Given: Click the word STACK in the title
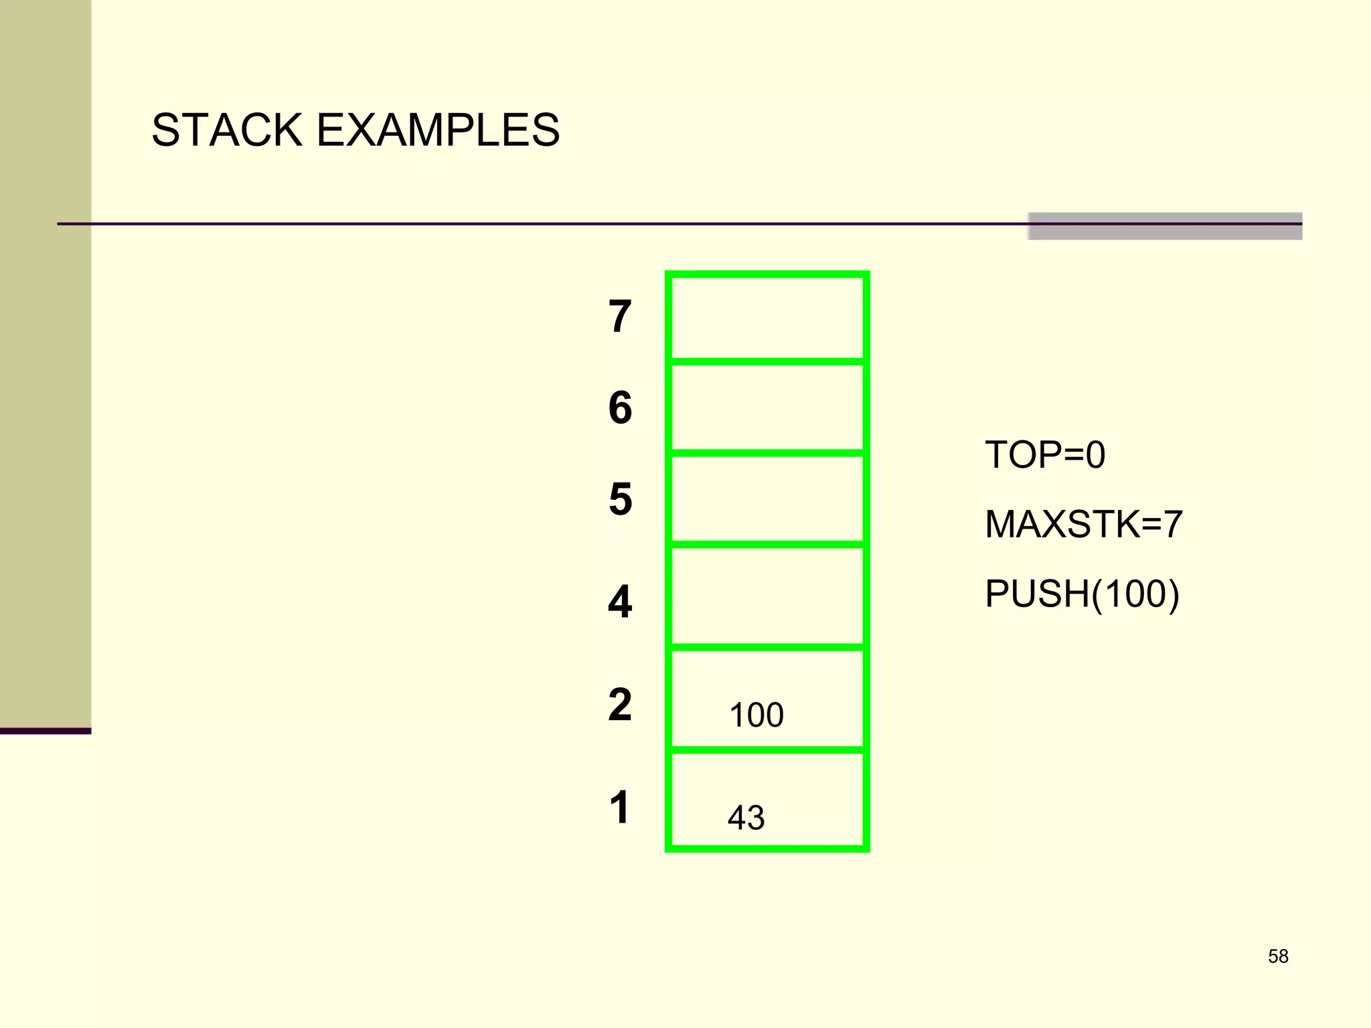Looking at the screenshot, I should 227,130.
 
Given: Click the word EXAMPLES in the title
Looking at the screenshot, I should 438,130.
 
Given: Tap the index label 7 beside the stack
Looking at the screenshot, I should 620,317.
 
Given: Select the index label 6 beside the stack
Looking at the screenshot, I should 620,408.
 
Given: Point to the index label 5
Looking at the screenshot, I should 620,499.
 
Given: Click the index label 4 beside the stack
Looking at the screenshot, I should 620,601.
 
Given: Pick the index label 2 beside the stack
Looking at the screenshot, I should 620,704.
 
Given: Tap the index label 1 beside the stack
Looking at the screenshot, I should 620,806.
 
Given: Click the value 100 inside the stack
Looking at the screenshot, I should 756,715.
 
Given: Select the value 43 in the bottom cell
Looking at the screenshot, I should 746,817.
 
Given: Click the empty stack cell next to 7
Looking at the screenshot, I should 767,318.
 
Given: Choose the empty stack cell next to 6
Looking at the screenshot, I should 767,408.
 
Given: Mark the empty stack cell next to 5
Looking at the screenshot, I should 767,499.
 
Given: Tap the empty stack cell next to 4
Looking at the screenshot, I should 767,596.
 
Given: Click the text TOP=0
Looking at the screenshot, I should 1044,455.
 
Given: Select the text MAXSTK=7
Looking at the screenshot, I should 1083,524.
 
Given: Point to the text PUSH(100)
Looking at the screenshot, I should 1082,594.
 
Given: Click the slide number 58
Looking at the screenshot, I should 1278,956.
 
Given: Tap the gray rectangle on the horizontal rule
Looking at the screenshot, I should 1165,226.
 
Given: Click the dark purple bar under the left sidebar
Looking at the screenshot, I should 46,731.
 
